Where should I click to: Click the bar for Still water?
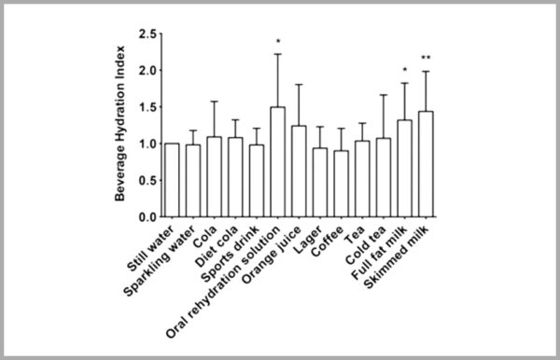[x=171, y=180]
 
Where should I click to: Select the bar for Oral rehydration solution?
[x=277, y=162]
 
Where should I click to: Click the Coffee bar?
[x=341, y=184]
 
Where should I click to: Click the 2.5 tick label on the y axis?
[x=145, y=35]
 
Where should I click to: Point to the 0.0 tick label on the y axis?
[x=145, y=217]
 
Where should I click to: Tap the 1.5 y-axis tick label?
[x=145, y=107]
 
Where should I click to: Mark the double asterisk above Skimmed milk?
[x=427, y=58]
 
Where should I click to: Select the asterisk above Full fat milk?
[x=405, y=70]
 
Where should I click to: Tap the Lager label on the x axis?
[x=313, y=234]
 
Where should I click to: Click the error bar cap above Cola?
[x=214, y=102]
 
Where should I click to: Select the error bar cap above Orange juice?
[x=299, y=85]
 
